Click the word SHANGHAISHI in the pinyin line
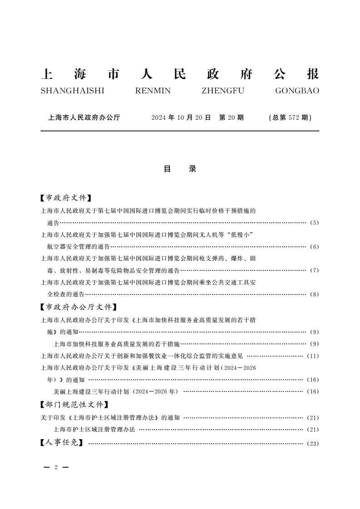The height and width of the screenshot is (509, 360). (x=72, y=91)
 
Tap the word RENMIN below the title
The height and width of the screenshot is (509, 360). (x=153, y=91)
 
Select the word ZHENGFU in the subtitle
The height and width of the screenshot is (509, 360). (x=222, y=91)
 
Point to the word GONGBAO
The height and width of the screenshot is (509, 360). (x=297, y=91)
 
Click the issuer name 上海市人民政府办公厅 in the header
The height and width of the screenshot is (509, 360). (x=84, y=117)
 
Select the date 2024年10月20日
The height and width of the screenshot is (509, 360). (x=181, y=117)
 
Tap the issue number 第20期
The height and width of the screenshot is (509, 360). (x=232, y=117)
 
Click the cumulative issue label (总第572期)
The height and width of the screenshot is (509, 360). (x=290, y=117)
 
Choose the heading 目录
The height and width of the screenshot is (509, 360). (x=180, y=169)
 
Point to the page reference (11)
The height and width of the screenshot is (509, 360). (x=313, y=356)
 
